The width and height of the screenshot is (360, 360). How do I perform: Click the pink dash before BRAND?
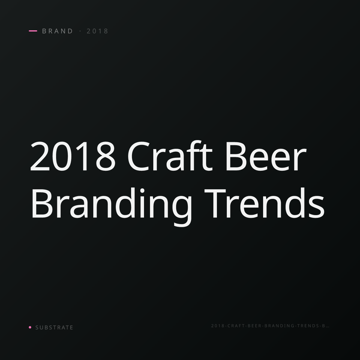coord(33,31)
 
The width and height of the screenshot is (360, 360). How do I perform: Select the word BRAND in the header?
coord(57,31)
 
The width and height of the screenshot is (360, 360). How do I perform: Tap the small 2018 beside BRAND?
coord(97,31)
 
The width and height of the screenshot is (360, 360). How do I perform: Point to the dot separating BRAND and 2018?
coord(80,31)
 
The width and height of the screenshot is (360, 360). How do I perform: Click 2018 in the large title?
coord(73,156)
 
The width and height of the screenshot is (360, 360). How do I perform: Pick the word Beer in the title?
coord(266,156)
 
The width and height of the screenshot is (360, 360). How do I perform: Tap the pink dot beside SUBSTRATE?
coord(30,327)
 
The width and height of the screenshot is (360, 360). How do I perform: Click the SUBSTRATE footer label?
coord(54,327)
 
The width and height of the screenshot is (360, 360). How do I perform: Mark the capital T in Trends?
coord(215,203)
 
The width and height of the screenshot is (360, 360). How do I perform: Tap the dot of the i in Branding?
coord(142,191)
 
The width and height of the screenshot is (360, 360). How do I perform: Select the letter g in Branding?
coord(182,211)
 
